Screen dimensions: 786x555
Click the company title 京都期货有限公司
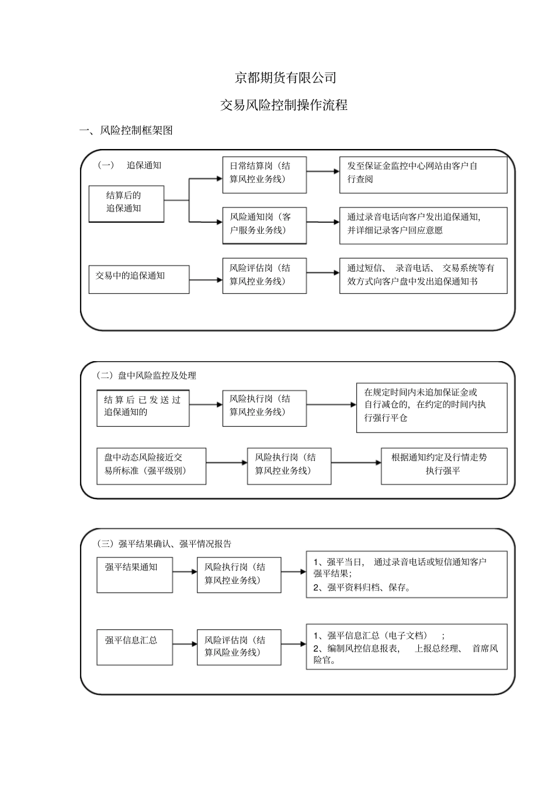coord(285,77)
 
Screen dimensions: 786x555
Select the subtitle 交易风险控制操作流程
coord(284,105)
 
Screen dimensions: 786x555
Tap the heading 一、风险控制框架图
coord(126,130)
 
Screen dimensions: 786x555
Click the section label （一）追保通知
coord(129,165)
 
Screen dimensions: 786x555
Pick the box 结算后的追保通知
coord(126,203)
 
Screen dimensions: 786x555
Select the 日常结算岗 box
coord(264,174)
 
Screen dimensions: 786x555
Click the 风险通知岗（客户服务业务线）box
coord(264,224)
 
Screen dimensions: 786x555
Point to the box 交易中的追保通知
coord(139,279)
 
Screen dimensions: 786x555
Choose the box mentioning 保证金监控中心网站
coord(423,174)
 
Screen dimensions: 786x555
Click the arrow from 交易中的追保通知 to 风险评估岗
coord(206,280)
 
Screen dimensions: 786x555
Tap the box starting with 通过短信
coord(423,275)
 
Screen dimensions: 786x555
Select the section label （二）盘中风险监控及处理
coord(147,376)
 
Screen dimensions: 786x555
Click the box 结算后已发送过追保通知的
coord(143,407)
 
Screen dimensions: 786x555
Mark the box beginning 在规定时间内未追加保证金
coord(431,407)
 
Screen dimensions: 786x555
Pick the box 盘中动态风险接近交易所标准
coord(151,465)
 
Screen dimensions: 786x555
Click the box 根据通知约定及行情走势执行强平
coord(444,465)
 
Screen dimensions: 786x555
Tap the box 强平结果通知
coord(134,574)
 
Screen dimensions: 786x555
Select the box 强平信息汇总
coord(134,646)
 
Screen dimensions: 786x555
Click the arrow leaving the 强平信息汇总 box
coord(185,645)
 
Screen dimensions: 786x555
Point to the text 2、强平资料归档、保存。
coord(363,588)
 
